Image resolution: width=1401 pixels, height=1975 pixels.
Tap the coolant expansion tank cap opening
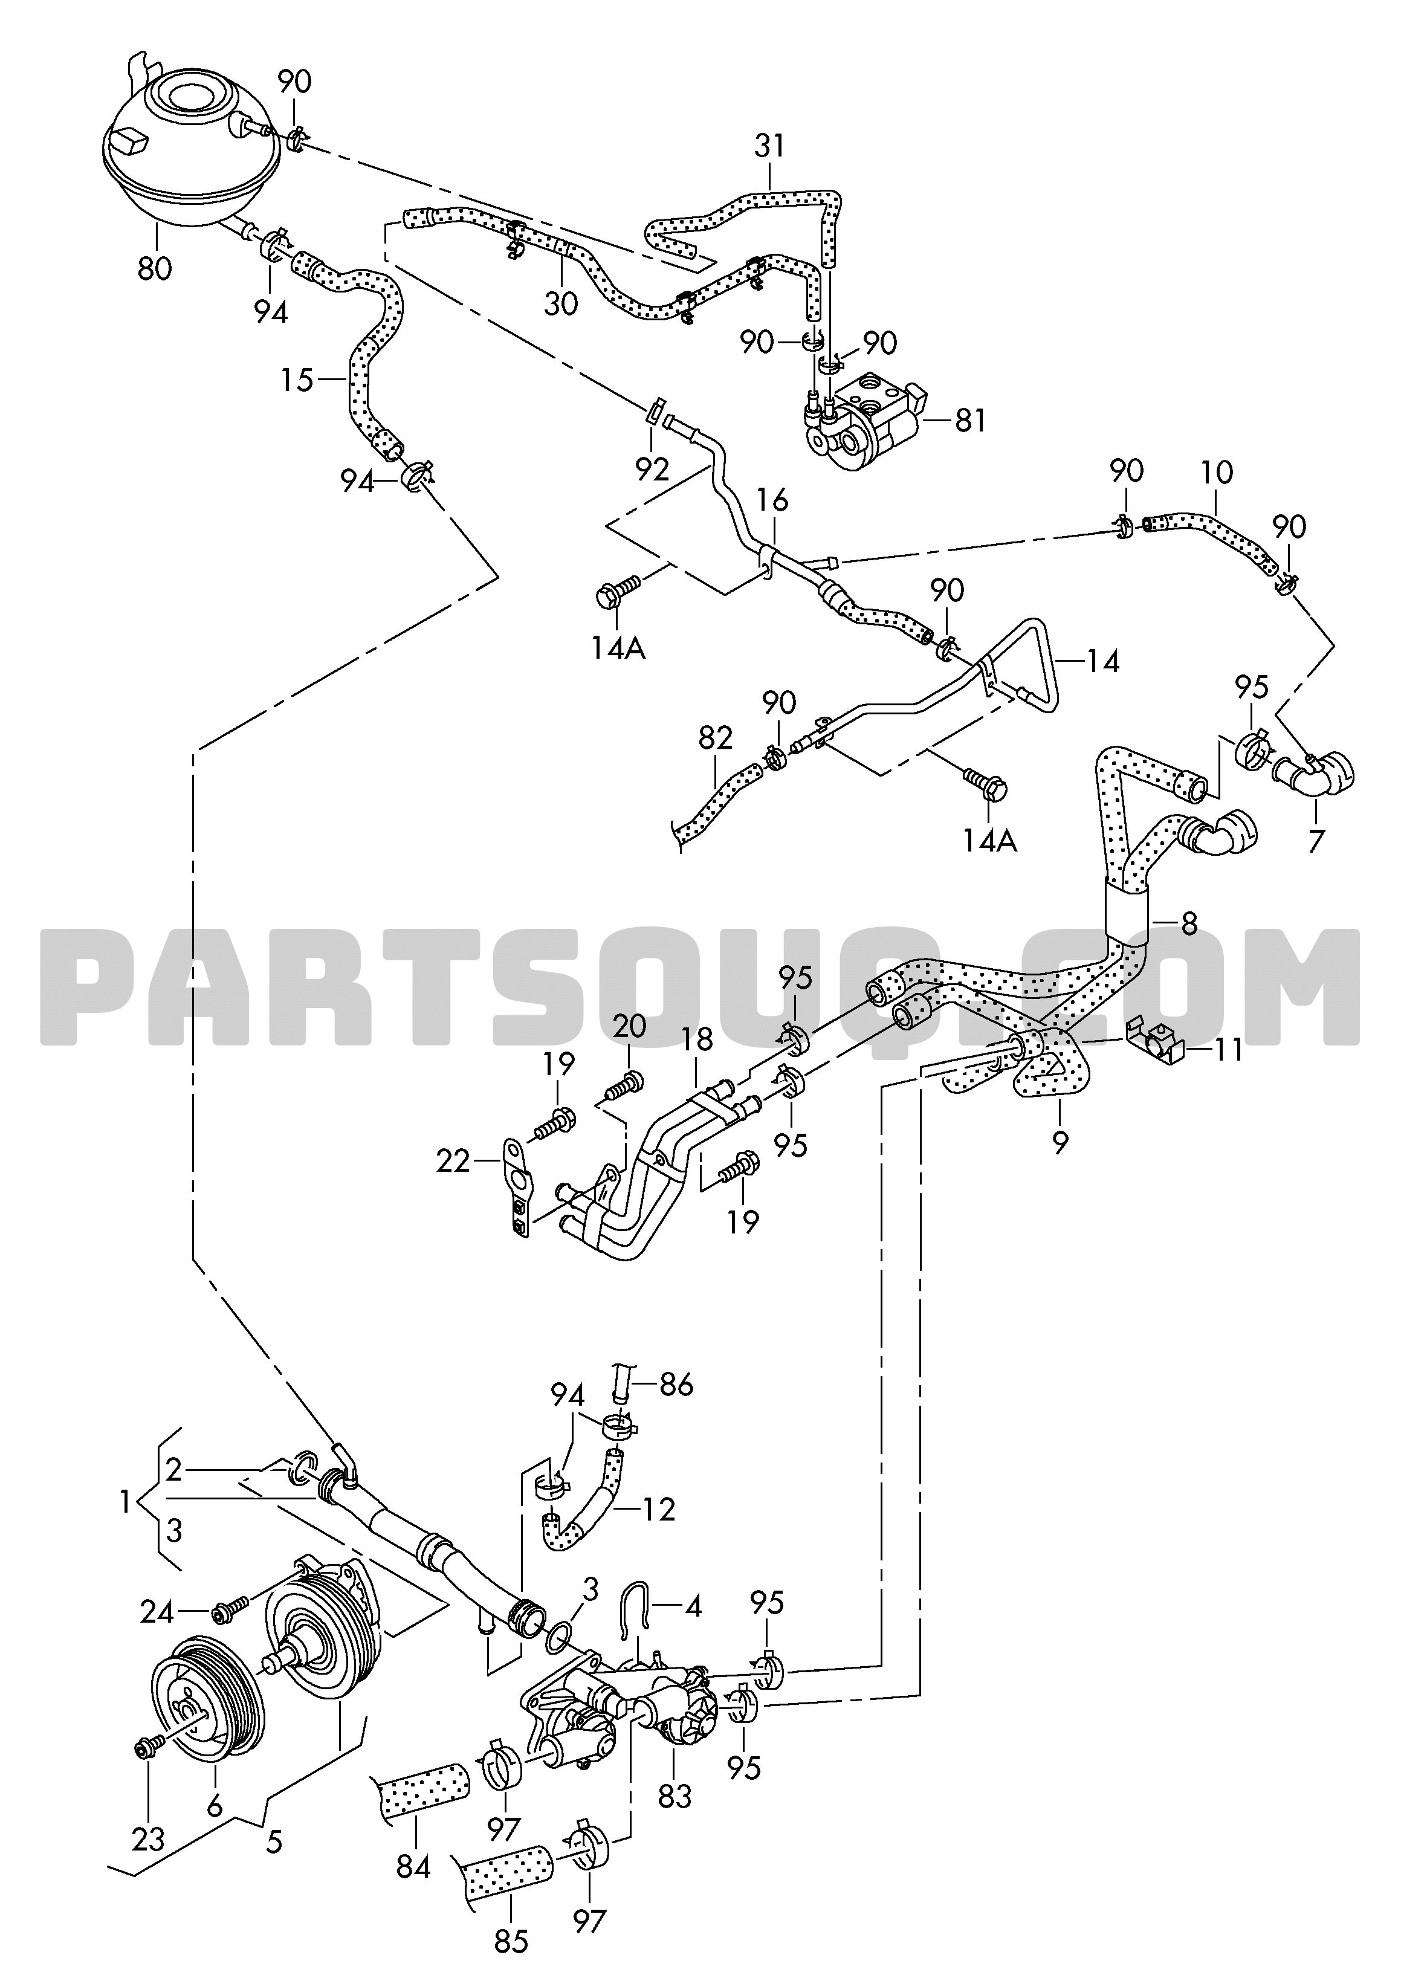tap(190, 97)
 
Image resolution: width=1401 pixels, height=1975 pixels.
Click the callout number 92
tap(652, 469)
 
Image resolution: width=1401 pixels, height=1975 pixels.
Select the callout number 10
tap(1215, 473)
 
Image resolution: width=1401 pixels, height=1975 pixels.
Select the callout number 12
tap(658, 1508)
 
